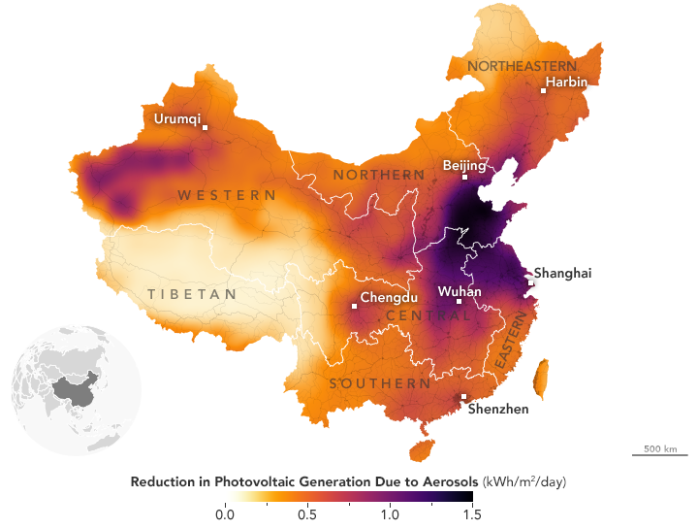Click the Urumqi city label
tap(177, 119)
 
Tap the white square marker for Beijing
tap(464, 178)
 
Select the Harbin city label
tap(567, 82)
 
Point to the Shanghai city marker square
tap(530, 282)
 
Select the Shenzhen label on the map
tap(498, 409)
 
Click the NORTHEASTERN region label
tap(514, 65)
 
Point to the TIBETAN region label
tap(192, 294)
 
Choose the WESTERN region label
tap(227, 195)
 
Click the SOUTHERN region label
tap(380, 383)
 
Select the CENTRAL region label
tap(422, 316)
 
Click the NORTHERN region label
tap(379, 175)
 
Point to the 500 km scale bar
tap(659, 453)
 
